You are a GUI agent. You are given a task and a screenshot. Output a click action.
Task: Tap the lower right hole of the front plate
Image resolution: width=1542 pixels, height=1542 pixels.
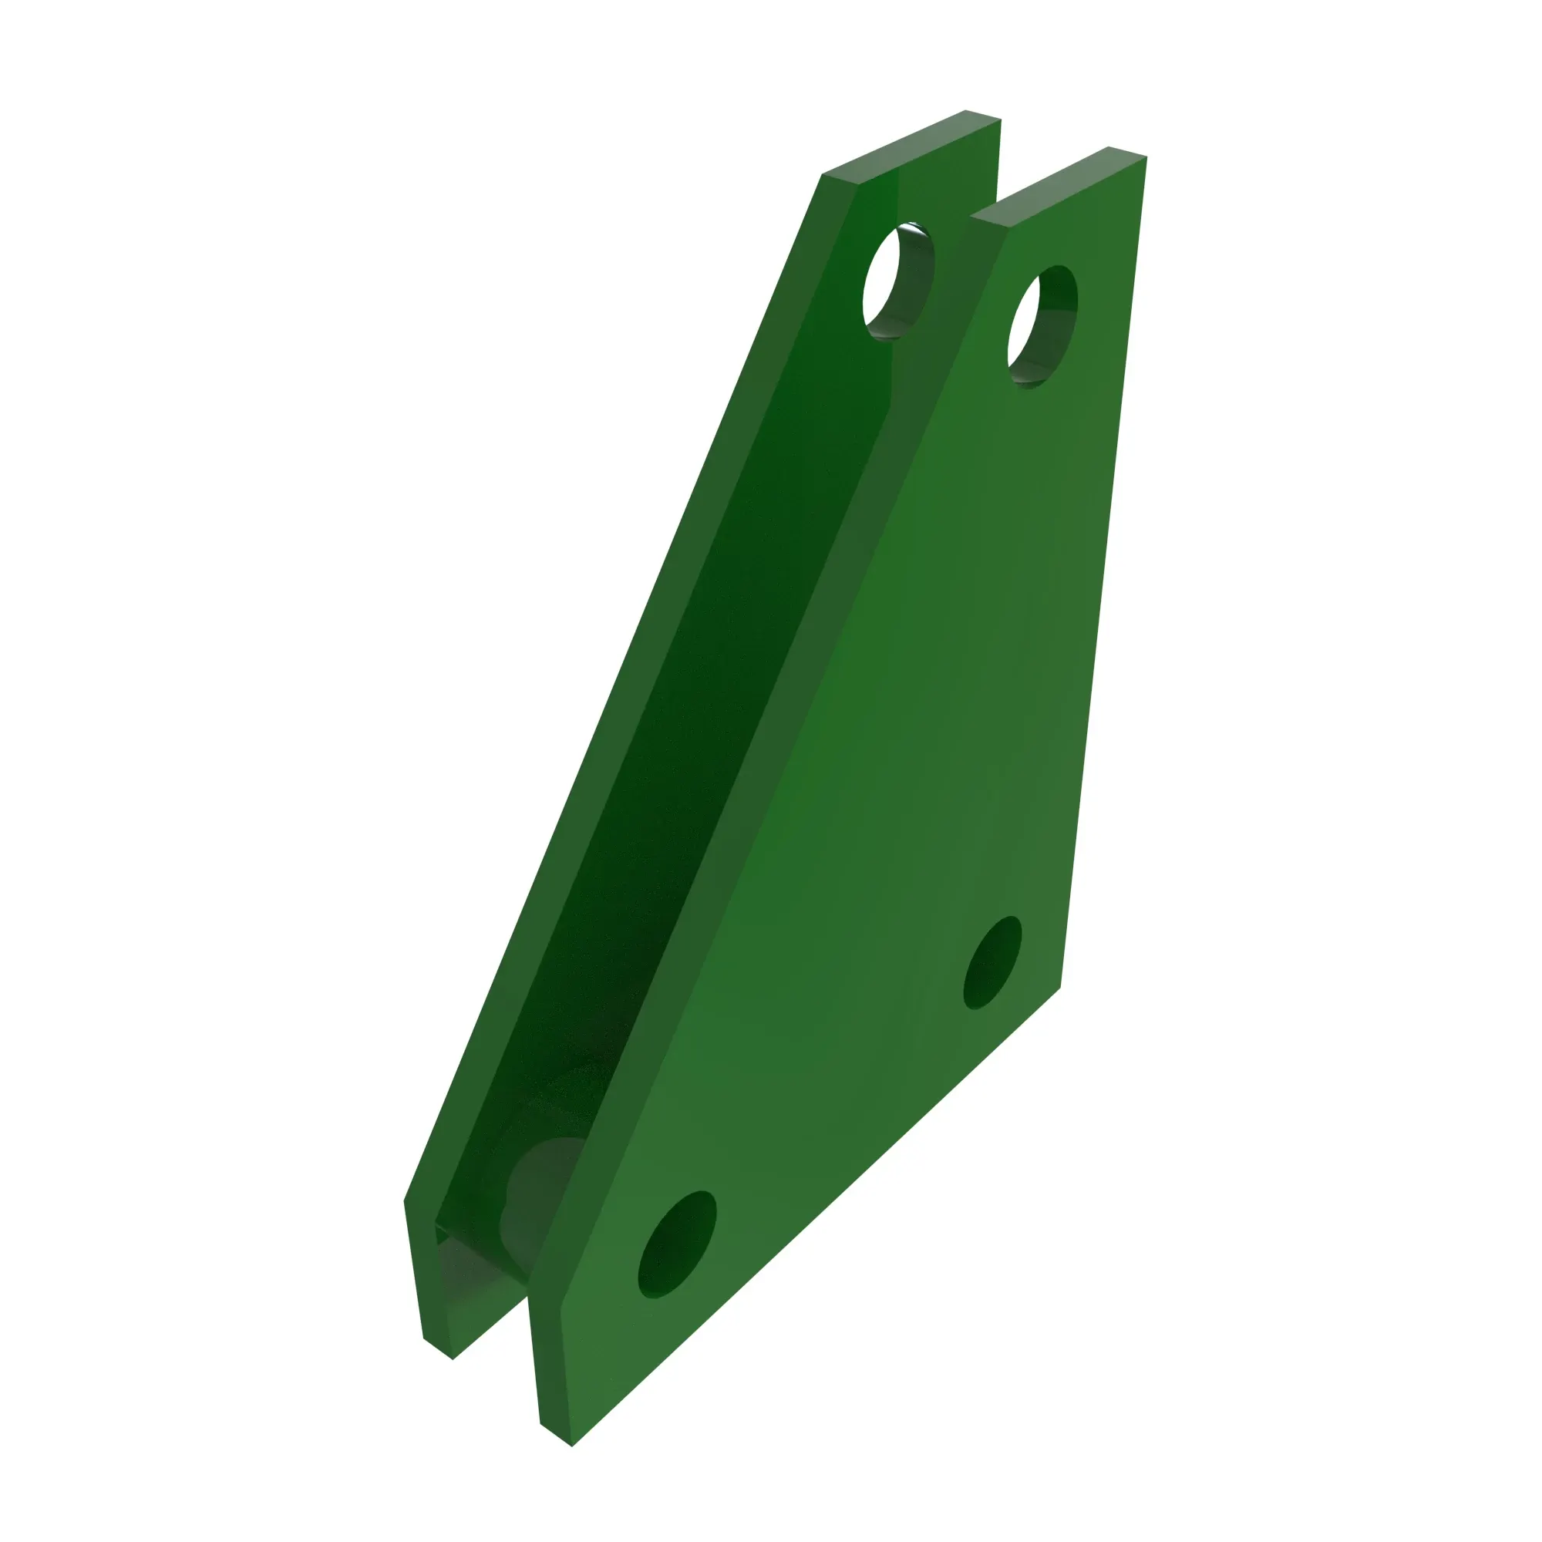point(993,962)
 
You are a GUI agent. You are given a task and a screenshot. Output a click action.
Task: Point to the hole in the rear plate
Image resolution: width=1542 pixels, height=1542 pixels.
point(897,281)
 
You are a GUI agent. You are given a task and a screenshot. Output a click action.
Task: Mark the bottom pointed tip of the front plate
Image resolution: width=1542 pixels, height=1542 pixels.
point(572,1446)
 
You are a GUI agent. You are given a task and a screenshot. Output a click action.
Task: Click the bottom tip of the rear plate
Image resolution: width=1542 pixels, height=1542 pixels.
point(452,1358)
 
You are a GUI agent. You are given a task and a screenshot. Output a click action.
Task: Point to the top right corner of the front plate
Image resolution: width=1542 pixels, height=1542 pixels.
point(1146,157)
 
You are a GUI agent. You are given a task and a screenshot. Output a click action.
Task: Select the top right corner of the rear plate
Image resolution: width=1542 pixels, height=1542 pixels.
point(1000,120)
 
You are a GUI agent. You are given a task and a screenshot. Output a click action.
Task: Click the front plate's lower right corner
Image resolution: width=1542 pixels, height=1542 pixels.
point(1060,988)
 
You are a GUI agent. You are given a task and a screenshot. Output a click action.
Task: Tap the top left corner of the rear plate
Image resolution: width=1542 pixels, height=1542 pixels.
point(823,175)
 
